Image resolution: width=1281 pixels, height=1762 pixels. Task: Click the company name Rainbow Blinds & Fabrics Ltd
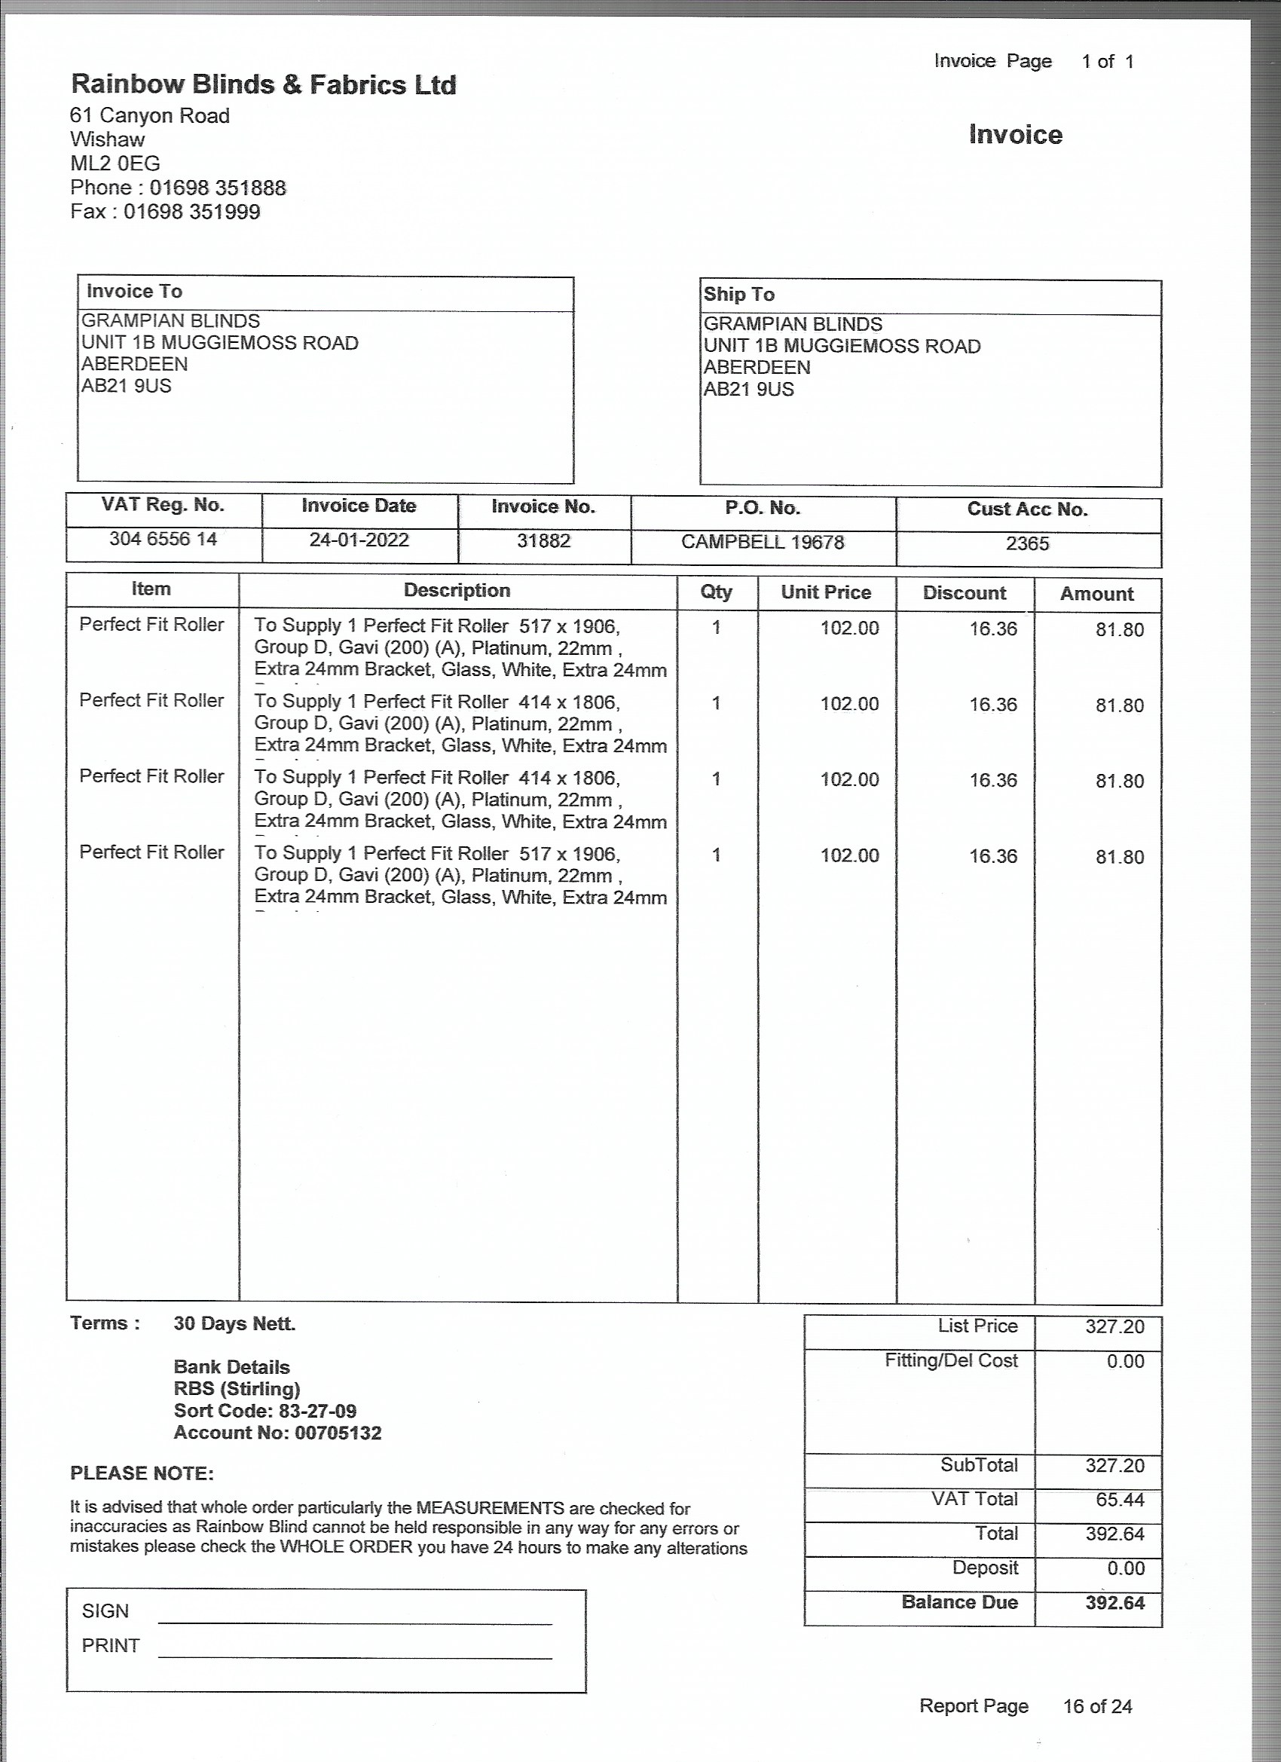pos(263,84)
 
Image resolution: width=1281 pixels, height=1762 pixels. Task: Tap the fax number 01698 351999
pos(192,212)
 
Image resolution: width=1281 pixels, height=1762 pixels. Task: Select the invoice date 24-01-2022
pos(359,540)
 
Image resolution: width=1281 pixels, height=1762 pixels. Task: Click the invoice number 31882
pos(544,540)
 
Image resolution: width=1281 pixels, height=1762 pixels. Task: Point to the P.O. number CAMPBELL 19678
pos(762,543)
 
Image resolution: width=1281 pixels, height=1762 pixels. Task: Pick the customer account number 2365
pos(1027,544)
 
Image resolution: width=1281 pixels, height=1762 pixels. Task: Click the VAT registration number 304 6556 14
pos(163,539)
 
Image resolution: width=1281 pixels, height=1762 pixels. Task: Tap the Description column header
pos(457,590)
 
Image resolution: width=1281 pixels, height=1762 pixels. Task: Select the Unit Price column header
pos(826,593)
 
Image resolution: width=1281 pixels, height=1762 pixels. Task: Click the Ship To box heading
pos(738,295)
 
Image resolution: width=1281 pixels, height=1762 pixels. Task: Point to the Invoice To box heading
pos(134,292)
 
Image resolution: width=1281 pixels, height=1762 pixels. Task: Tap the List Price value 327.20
pos(1114,1327)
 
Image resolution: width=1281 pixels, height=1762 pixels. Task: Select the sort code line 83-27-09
pos(265,1411)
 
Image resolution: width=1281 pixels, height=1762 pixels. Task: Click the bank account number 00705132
pos(338,1433)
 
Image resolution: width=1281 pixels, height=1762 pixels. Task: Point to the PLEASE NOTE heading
pos(142,1474)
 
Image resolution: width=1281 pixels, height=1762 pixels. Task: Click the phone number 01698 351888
pos(218,188)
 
